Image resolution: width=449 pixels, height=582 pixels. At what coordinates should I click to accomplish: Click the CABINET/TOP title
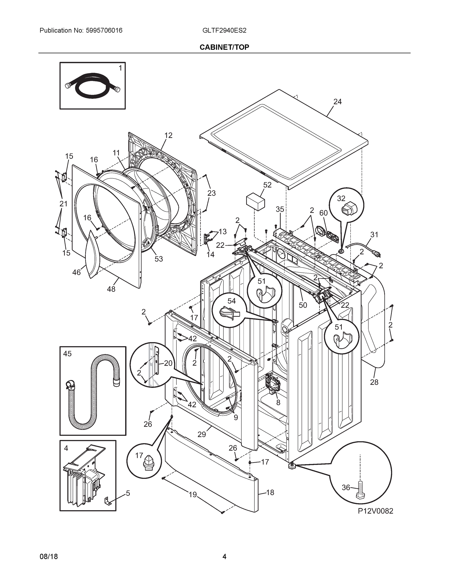tap(224, 47)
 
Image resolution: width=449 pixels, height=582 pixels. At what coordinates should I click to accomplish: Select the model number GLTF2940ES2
tap(224, 30)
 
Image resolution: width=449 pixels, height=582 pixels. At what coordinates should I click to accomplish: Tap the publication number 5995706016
tap(104, 30)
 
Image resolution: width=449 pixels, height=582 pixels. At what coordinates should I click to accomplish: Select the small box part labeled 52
tap(255, 202)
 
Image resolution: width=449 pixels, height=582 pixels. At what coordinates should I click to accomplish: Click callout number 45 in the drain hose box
tap(67, 354)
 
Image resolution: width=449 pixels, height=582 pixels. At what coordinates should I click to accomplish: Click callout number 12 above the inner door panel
tap(168, 135)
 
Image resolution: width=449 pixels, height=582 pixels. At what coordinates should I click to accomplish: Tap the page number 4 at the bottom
tap(224, 557)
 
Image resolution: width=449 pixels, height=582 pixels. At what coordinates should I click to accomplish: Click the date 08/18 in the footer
tap(49, 557)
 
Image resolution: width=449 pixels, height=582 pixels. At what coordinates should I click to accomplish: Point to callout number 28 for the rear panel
tap(374, 382)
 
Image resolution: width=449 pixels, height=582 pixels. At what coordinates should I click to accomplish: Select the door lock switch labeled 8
tap(271, 385)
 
